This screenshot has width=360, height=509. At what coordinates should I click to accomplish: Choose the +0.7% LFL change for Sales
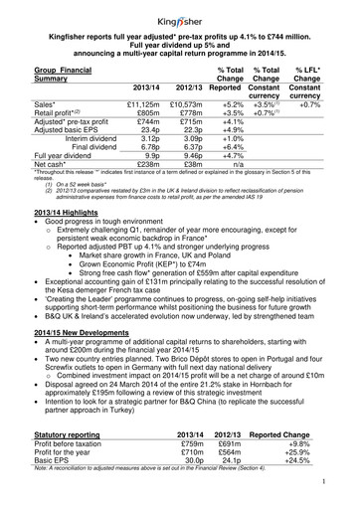coord(323,129)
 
